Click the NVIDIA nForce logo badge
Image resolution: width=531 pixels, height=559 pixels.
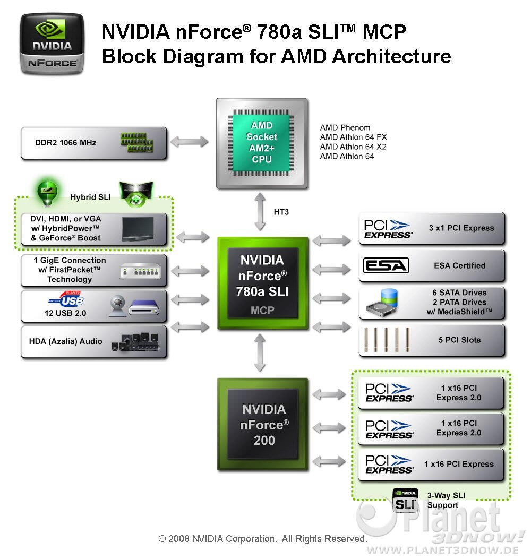click(52, 44)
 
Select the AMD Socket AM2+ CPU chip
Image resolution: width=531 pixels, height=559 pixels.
click(262, 143)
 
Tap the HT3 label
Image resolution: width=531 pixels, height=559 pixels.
click(281, 212)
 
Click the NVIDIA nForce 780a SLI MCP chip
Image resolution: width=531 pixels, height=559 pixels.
click(263, 283)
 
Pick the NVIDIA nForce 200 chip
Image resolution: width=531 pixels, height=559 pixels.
click(263, 424)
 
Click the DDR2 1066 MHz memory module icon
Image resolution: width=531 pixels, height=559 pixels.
click(137, 143)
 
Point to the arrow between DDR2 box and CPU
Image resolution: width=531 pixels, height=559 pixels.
click(190, 142)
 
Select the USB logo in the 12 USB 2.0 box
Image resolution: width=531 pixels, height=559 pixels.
click(67, 299)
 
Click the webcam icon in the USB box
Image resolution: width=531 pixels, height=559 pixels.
click(118, 306)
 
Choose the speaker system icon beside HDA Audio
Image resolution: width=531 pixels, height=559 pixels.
click(135, 342)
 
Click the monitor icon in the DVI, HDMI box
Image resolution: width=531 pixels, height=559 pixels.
click(138, 229)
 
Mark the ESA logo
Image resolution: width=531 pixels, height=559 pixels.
click(386, 265)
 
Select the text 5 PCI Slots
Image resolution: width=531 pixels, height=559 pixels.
click(459, 340)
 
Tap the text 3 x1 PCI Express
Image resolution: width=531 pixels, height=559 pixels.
click(461, 228)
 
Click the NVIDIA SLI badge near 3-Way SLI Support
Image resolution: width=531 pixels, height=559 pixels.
click(405, 500)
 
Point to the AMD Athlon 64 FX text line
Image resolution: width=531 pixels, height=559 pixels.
click(353, 137)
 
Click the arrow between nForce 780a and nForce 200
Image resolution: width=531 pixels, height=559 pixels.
click(260, 353)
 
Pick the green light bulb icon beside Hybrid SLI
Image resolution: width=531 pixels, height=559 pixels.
click(47, 193)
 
